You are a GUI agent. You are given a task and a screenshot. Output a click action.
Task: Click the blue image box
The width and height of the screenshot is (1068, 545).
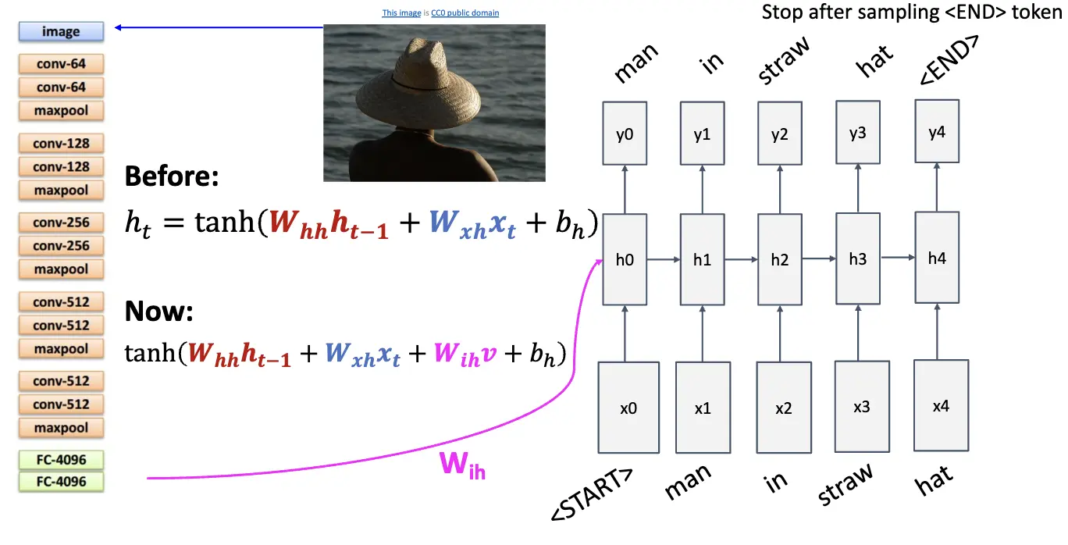pyautogui.click(x=61, y=32)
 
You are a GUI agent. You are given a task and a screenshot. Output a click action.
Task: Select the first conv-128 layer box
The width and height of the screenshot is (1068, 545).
pyautogui.click(x=61, y=144)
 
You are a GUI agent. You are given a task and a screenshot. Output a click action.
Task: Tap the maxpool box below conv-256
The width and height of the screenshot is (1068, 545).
pyautogui.click(x=61, y=269)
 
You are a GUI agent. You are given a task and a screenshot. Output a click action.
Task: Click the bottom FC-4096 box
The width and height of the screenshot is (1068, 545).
pyautogui.click(x=61, y=482)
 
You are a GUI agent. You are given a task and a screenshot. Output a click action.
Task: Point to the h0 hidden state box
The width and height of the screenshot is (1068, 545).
pyautogui.click(x=625, y=259)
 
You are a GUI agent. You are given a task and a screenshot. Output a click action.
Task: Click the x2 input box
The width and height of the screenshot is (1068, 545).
pyautogui.click(x=783, y=408)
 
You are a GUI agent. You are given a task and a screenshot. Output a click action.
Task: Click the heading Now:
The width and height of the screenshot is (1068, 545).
pyautogui.click(x=158, y=312)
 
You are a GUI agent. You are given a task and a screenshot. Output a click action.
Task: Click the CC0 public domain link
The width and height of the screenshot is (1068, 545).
pyautogui.click(x=465, y=13)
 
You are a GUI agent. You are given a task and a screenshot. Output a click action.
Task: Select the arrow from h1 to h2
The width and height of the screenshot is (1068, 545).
pyautogui.click(x=741, y=259)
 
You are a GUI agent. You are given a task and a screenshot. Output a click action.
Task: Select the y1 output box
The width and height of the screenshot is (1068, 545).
pyautogui.click(x=702, y=134)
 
